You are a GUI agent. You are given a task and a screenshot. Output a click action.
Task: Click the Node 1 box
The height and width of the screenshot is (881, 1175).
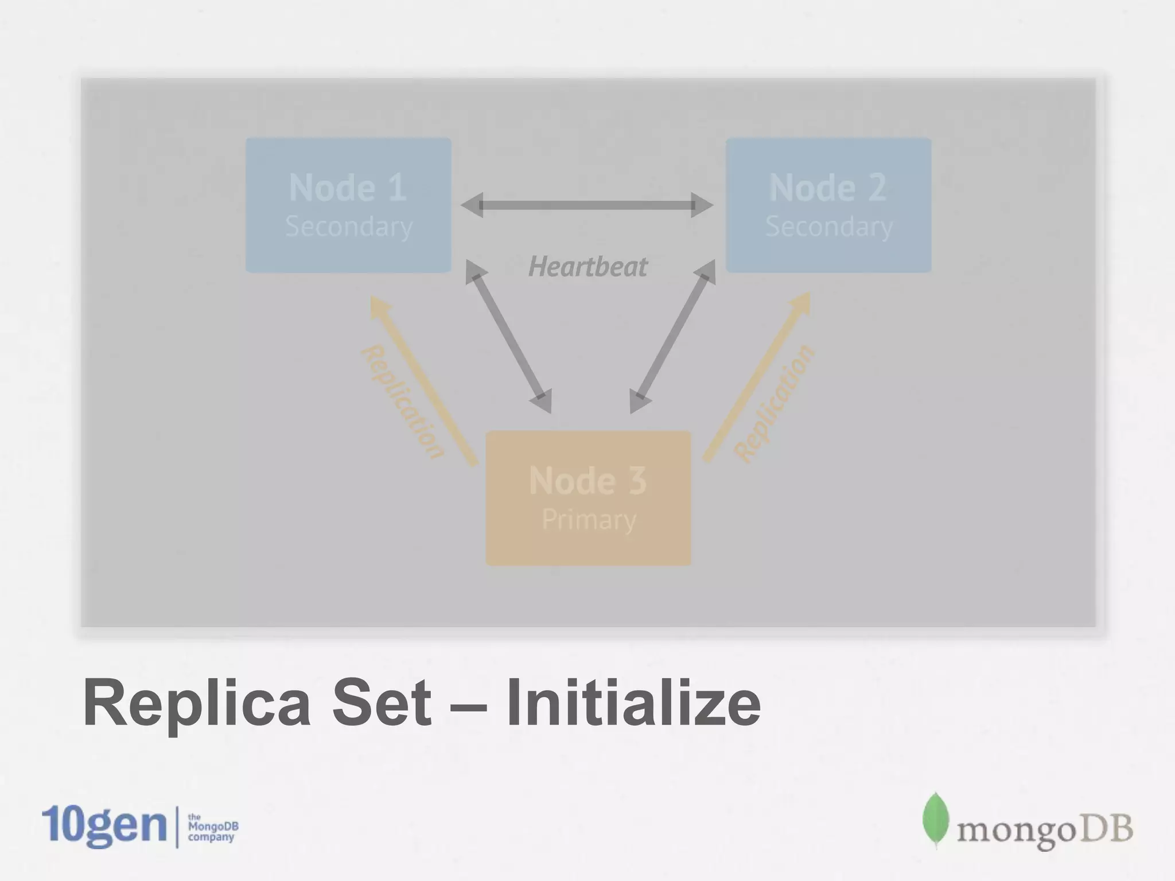(x=348, y=205)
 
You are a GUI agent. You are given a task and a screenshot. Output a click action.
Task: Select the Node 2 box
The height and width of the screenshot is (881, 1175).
(x=828, y=205)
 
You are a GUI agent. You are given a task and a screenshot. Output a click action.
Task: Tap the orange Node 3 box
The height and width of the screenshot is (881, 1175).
(x=588, y=498)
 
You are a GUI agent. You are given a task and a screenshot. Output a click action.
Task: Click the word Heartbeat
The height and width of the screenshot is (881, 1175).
(x=587, y=267)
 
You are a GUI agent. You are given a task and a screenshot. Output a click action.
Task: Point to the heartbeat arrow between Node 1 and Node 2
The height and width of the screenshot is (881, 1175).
(x=587, y=205)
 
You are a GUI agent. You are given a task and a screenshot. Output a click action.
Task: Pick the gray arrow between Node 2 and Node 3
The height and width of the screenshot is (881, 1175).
(x=672, y=336)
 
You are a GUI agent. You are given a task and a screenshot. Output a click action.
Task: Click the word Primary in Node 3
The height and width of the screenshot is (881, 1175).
(x=589, y=520)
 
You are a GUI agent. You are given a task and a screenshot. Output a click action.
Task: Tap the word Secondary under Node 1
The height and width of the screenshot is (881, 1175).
(x=349, y=227)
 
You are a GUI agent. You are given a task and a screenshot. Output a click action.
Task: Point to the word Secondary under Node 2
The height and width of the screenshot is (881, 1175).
(x=829, y=227)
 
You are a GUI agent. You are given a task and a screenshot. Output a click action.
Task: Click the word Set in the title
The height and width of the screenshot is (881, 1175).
(x=382, y=703)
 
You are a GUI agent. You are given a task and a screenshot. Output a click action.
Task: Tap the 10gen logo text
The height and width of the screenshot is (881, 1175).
(x=104, y=826)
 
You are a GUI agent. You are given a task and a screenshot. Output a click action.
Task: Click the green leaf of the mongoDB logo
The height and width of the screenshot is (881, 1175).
(x=935, y=818)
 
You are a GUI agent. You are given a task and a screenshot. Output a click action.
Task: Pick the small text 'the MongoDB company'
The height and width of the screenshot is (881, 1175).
(x=212, y=827)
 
